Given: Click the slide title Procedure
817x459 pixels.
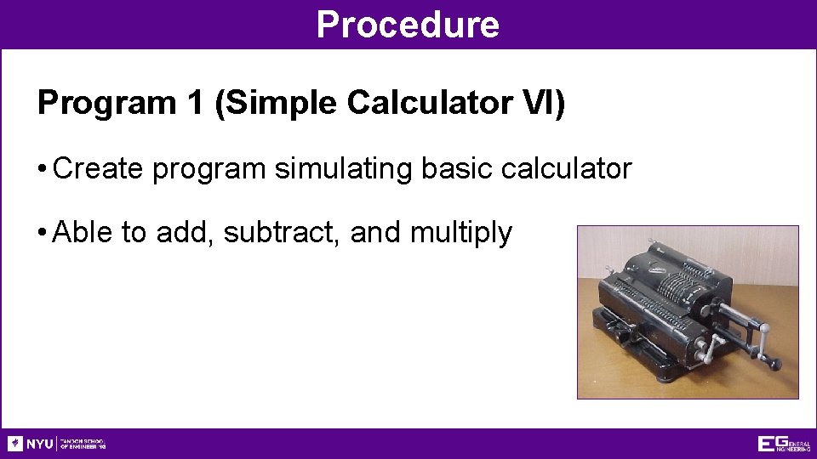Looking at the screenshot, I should pyautogui.click(x=408, y=25).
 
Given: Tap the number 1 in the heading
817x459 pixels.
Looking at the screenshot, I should pyautogui.click(x=192, y=103).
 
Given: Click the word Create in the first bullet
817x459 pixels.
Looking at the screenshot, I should pyautogui.click(x=99, y=168).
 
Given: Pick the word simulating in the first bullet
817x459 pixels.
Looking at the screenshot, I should pyautogui.click(x=344, y=168).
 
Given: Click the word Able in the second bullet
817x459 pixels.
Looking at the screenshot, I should pyautogui.click(x=83, y=232).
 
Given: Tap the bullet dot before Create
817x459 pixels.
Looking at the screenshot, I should pyautogui.click(x=42, y=169).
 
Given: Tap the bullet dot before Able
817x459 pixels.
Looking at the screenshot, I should pyautogui.click(x=42, y=233).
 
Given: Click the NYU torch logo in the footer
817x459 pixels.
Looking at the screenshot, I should pyautogui.click(x=15, y=444).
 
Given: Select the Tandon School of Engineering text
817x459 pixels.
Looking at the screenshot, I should pyautogui.click(x=83, y=444).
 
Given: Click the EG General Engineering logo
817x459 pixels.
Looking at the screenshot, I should pyautogui.click(x=784, y=444).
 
